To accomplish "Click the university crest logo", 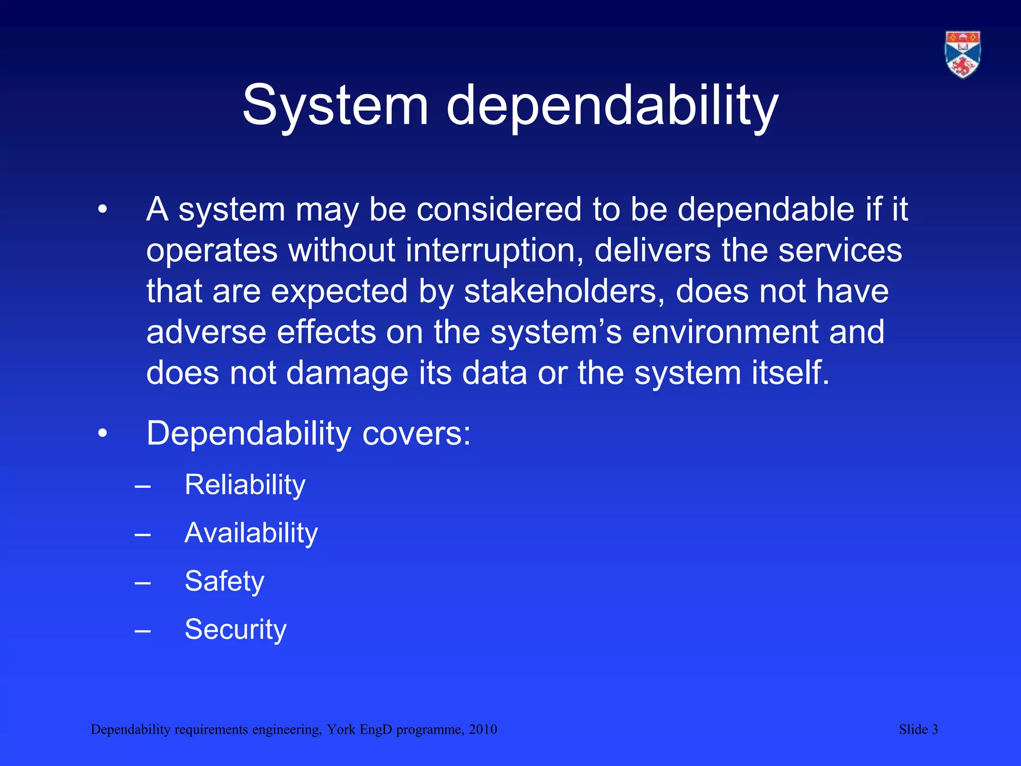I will [x=963, y=54].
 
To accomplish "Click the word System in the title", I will [x=335, y=106].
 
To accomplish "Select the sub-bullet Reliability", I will [x=245, y=485].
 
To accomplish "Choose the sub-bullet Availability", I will [x=251, y=533].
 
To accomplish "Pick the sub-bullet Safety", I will [x=224, y=581].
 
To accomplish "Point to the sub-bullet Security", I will [x=235, y=629].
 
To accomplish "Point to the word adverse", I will [x=206, y=332].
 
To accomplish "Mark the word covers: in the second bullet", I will [x=416, y=433].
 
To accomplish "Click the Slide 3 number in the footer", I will [x=918, y=730].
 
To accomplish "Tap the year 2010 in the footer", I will [x=483, y=730].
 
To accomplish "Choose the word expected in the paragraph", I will [x=339, y=291].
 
